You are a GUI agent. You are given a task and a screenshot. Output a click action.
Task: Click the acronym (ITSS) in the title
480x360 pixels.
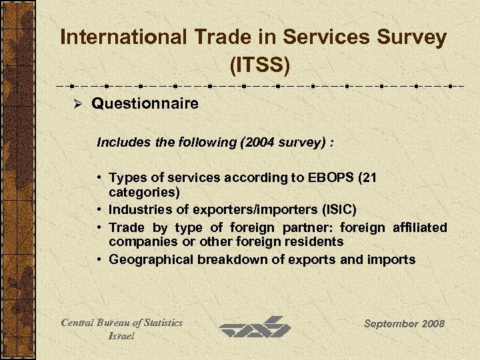(259, 65)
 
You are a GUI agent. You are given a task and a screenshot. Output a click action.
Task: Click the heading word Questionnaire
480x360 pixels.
(145, 104)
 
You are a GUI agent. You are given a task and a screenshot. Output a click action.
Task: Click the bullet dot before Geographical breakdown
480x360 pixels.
(98, 259)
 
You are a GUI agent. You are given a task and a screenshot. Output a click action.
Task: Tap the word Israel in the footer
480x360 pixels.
(121, 336)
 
